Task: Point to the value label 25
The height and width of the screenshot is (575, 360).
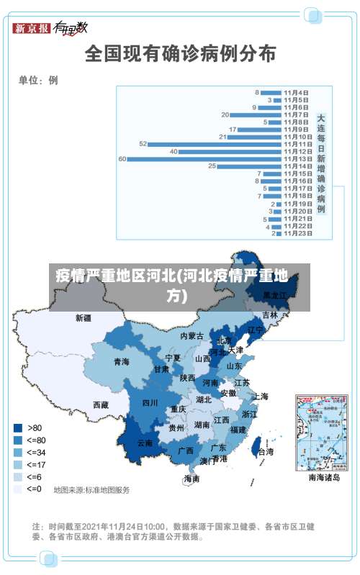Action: click(212, 166)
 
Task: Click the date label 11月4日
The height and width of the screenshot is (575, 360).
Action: click(296, 92)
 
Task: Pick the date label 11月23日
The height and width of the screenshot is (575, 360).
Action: click(297, 233)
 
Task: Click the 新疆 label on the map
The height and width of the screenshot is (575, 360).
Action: click(84, 317)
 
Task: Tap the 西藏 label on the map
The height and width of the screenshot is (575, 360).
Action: click(101, 405)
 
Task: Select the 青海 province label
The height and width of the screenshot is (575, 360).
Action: click(121, 361)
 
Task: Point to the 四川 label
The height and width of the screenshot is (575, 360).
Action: click(150, 403)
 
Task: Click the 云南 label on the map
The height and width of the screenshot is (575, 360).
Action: click(145, 443)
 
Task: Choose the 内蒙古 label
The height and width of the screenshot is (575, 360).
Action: click(192, 336)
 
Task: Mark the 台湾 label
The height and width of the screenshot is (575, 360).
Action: click(265, 453)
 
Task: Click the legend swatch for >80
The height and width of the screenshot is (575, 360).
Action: click(17, 427)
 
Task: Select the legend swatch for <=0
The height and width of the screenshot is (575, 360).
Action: click(17, 489)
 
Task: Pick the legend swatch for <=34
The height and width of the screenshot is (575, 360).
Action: click(17, 452)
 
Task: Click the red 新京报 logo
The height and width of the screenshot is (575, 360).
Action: click(32, 28)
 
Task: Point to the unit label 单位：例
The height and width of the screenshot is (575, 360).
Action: click(38, 81)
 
